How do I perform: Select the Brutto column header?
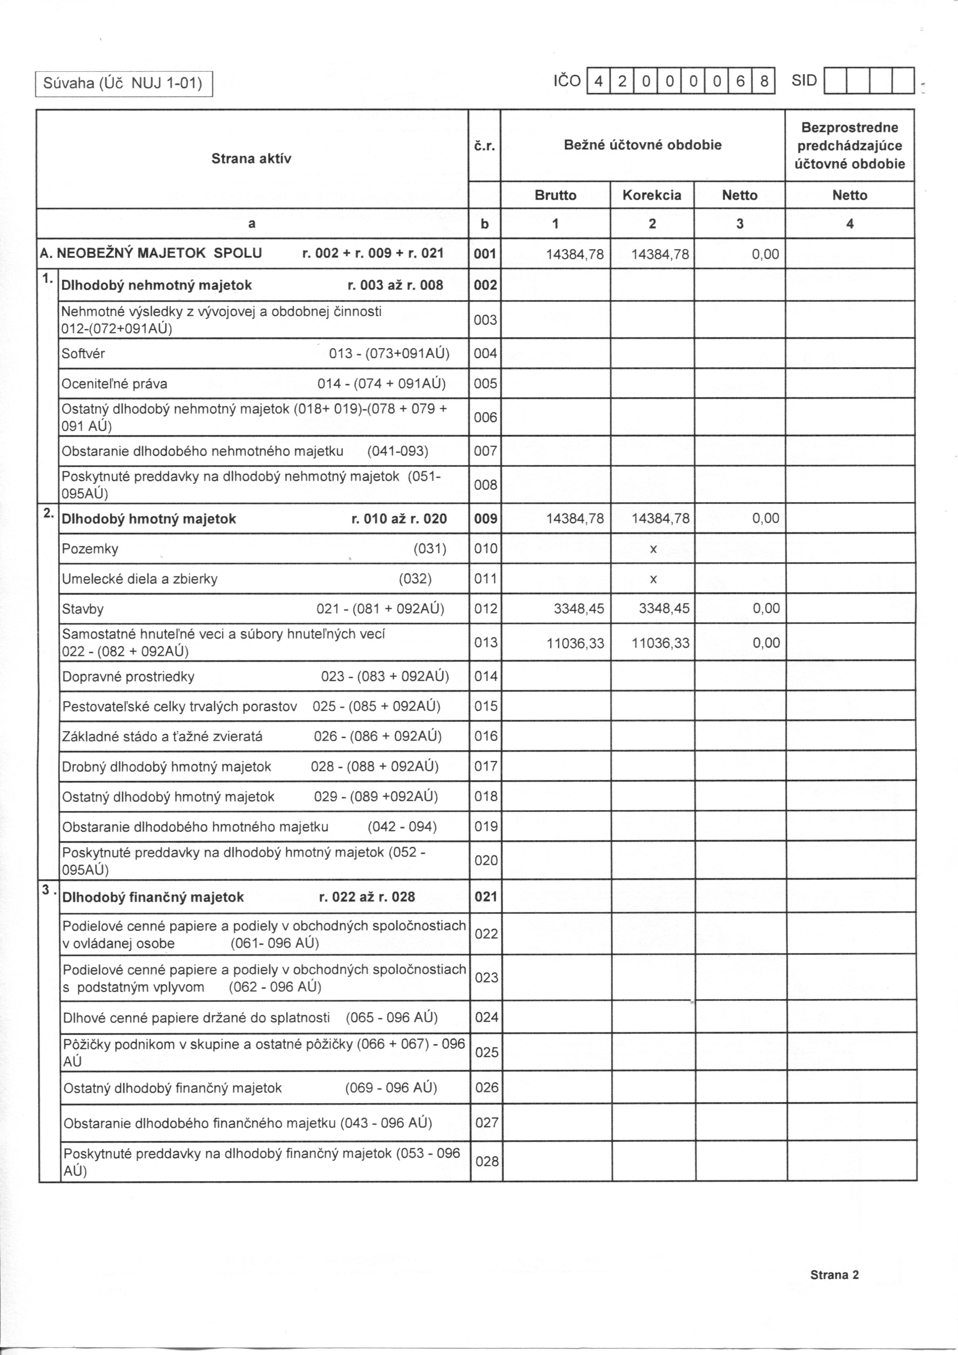tap(555, 196)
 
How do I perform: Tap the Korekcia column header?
tap(652, 196)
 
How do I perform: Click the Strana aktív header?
tap(251, 158)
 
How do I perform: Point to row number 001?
tap(485, 254)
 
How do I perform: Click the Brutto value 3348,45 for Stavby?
tap(579, 609)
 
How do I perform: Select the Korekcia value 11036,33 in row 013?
tap(660, 643)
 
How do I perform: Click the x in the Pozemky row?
tap(653, 549)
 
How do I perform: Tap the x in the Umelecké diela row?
tap(653, 579)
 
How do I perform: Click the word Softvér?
tap(83, 354)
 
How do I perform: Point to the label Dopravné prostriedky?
tap(129, 676)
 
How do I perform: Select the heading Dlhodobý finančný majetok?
tap(153, 897)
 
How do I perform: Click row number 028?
tap(487, 1161)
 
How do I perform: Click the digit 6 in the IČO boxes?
tap(740, 82)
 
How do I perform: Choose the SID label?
tap(804, 81)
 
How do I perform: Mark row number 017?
tap(485, 766)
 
